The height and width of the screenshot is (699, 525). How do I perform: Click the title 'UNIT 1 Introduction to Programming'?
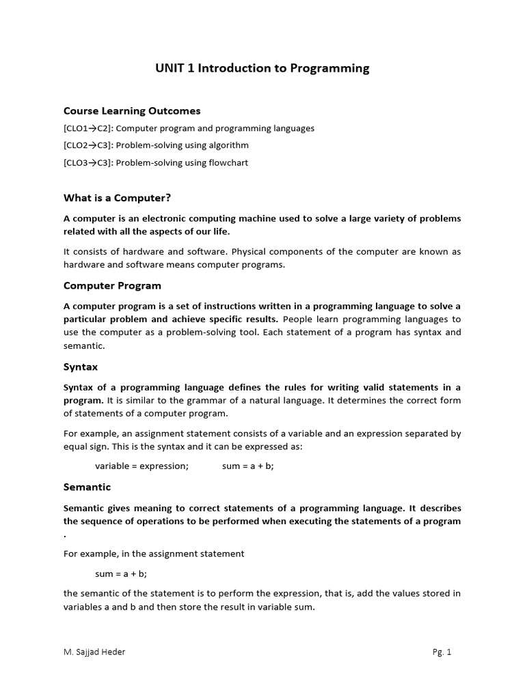[262, 68]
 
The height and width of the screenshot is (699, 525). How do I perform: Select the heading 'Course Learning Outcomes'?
[132, 111]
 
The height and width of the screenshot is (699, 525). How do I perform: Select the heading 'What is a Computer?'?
[117, 198]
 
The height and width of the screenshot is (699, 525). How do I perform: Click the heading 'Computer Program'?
[112, 285]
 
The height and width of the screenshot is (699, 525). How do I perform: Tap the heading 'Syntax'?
[81, 367]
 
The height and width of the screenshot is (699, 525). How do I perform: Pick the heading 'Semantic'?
[87, 487]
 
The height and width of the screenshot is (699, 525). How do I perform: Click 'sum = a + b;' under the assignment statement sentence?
[121, 574]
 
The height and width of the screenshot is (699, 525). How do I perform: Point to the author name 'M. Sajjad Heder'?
[94, 652]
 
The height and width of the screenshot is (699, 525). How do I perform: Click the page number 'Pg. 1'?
[442, 652]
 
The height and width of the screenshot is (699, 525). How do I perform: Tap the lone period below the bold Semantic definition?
[65, 535]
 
